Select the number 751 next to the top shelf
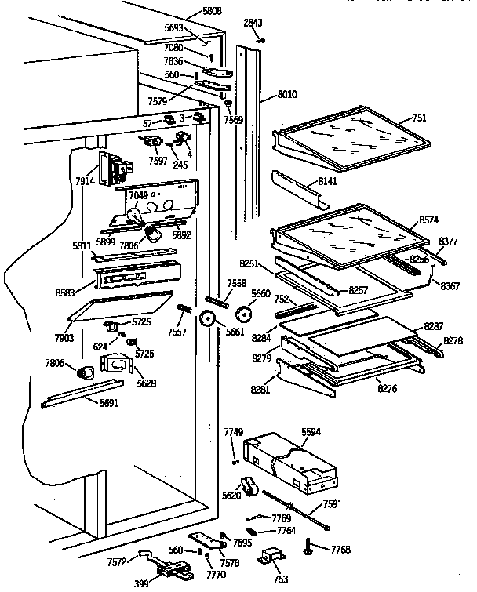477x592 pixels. (419, 118)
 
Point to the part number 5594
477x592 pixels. (311, 431)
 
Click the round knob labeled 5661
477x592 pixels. (208, 319)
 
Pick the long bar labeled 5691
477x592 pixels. (82, 394)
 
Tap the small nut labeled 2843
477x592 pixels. (262, 41)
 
